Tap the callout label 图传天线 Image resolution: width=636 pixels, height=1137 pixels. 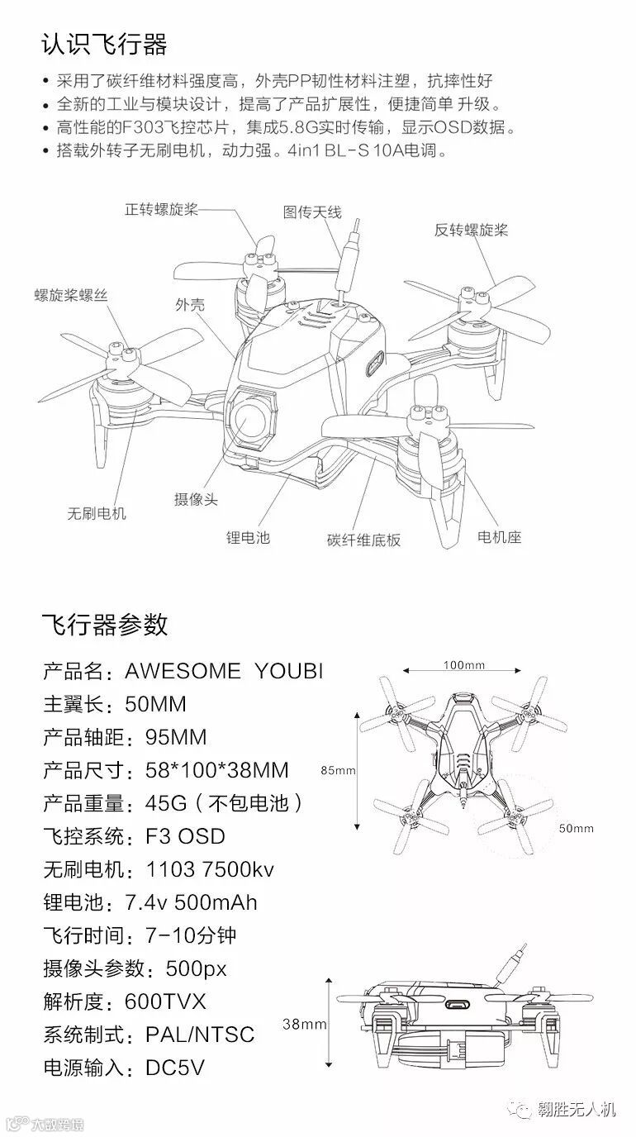[311, 212]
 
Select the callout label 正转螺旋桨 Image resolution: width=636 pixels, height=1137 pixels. [161, 208]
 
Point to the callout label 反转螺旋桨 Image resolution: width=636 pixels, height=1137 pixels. [471, 230]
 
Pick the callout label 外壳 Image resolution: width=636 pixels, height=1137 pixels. [190, 305]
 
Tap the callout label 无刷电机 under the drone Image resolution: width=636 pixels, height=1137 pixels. [97, 513]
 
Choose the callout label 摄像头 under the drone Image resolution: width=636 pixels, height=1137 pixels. [196, 499]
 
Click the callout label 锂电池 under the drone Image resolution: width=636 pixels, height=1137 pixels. [248, 538]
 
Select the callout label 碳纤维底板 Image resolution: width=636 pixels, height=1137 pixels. [363, 540]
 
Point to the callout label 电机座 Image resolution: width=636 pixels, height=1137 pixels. [500, 537]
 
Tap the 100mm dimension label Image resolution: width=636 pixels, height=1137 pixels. [463, 664]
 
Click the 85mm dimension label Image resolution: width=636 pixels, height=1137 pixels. [338, 771]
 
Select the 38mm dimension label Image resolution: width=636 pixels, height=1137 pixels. [305, 1024]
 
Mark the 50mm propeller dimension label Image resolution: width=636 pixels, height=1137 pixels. [576, 828]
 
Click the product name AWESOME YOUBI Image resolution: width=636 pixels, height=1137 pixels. [223, 671]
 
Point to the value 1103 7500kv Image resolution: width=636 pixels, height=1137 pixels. [209, 869]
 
